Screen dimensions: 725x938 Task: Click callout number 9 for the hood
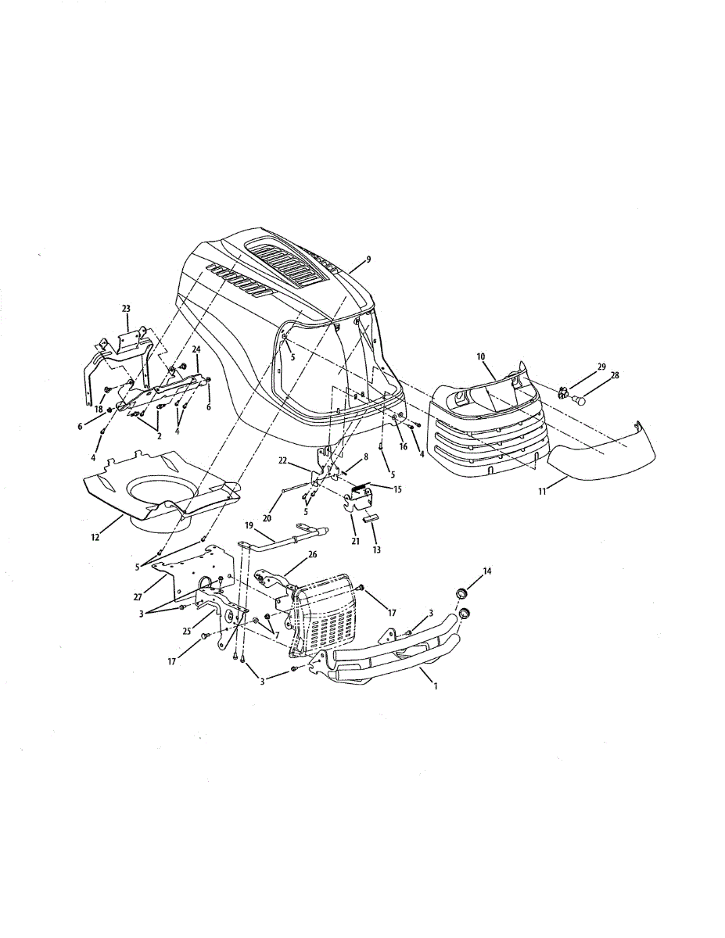[368, 259]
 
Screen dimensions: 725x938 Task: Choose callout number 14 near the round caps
[487, 572]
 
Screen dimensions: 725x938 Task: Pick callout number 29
[601, 367]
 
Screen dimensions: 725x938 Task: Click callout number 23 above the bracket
[126, 309]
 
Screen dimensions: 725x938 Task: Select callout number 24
[196, 349]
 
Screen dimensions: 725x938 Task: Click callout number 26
[291, 554]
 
